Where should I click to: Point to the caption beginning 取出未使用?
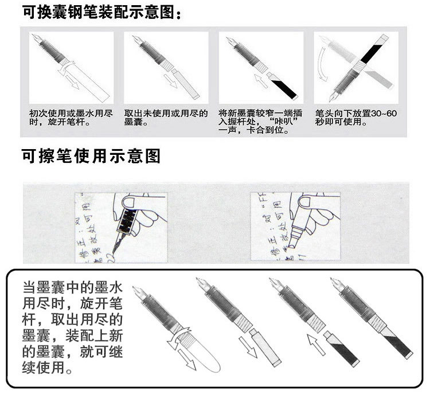[166, 118]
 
